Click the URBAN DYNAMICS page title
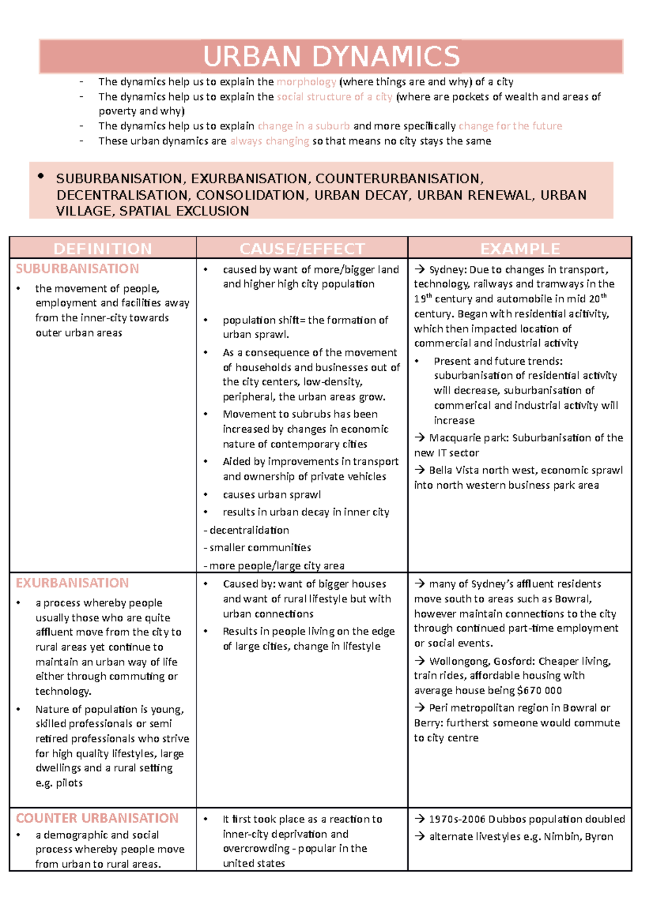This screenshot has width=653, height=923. pos(331,57)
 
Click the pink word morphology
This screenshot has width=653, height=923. pos(306,82)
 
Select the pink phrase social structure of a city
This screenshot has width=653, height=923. pos(335,97)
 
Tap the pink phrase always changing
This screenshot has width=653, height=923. pos(269,141)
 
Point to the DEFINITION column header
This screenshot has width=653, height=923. pos(103,248)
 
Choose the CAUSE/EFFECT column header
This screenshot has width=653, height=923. pos(302,248)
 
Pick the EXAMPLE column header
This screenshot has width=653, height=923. pos(520,248)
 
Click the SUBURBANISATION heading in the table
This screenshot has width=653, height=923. pos(77,269)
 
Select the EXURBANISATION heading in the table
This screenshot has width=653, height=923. pos(72,583)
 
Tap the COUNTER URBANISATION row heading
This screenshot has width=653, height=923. pos(97,818)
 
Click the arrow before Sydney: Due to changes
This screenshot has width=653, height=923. pos(420,269)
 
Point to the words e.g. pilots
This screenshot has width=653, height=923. pos(59,783)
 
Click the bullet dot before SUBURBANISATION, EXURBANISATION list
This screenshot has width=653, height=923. pos(41,176)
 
